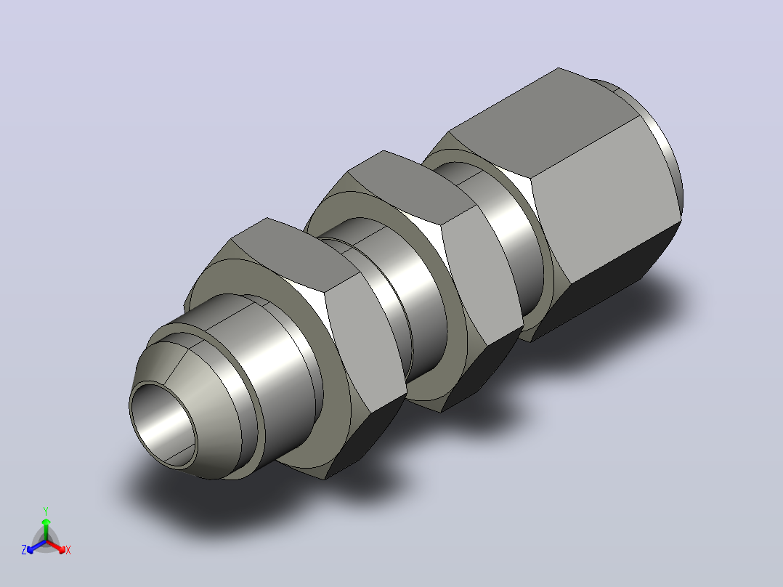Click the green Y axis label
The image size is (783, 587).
(x=46, y=511)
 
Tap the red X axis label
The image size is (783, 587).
(x=68, y=550)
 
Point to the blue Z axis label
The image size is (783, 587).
(x=24, y=550)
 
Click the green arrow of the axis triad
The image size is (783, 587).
(x=46, y=529)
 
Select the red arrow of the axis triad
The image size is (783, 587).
(x=56, y=546)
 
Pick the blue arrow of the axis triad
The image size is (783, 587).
(x=36, y=546)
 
